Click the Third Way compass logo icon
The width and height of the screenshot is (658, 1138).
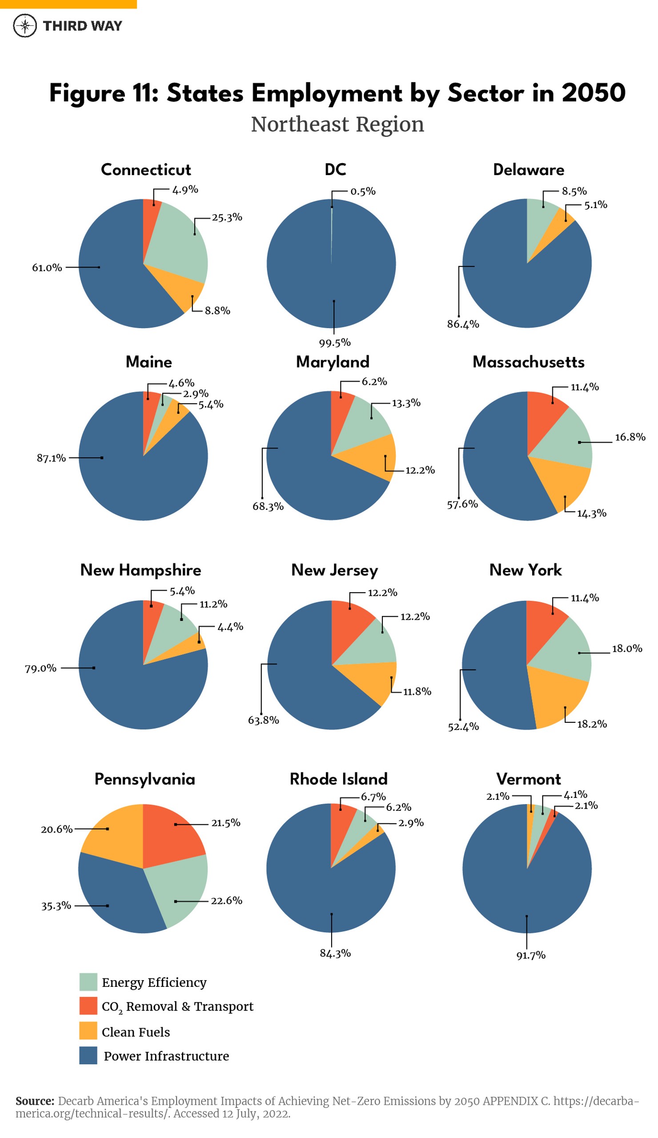[25, 25]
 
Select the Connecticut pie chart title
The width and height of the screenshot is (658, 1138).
[145, 169]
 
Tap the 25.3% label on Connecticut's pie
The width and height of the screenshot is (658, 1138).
[227, 217]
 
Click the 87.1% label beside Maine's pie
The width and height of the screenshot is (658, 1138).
[51, 458]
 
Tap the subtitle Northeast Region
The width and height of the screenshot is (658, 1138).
[337, 124]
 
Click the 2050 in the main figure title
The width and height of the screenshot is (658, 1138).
[593, 93]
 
